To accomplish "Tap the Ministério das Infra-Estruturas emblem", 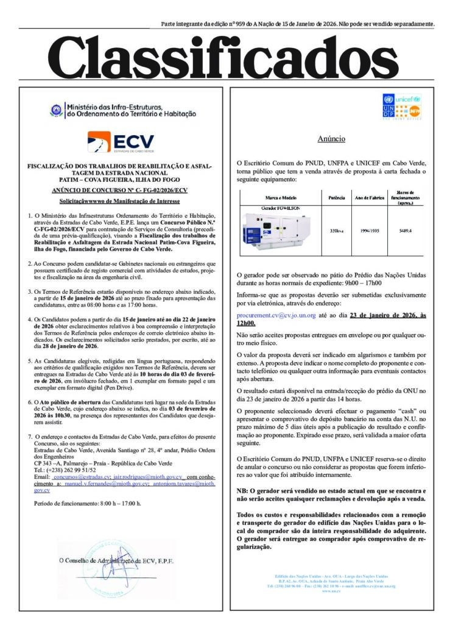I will [56, 111].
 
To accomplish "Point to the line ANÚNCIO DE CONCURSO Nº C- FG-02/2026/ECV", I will [120, 190].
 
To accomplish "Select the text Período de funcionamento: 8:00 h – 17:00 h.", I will [87, 503].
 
